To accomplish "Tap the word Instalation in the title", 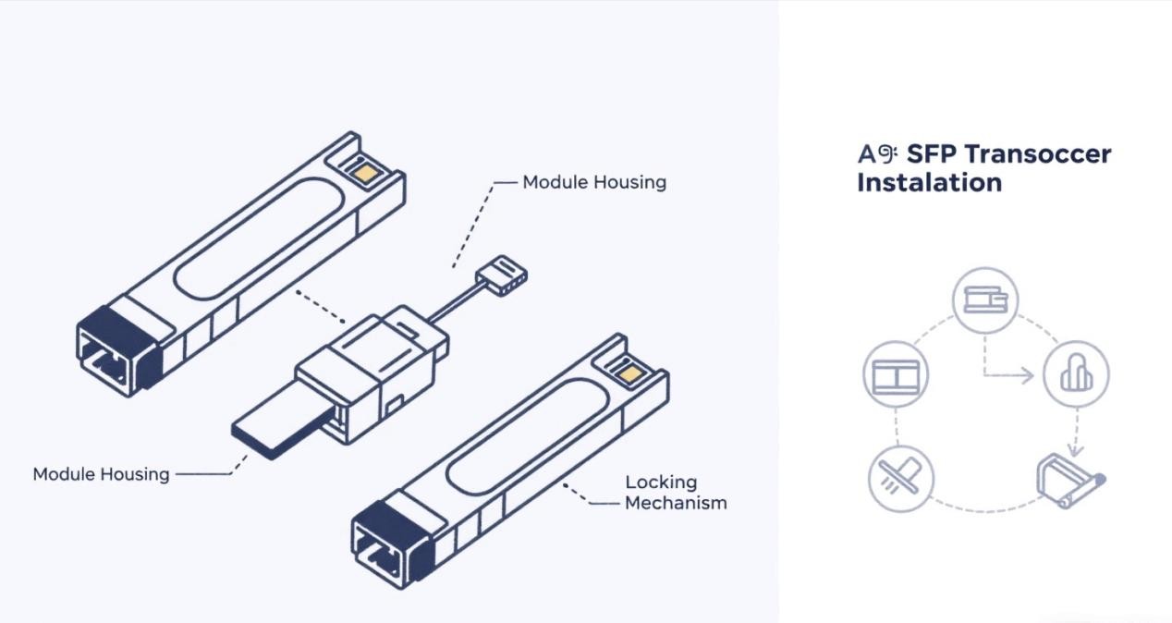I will (929, 182).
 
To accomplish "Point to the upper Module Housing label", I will (594, 182).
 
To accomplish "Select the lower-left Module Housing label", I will (101, 474).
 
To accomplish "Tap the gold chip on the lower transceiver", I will (631, 375).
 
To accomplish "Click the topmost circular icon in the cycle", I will (984, 300).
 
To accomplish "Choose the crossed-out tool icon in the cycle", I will (901, 478).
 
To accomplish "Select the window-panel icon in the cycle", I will (895, 375).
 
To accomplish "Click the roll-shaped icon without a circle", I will (1070, 478).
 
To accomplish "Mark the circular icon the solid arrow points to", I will (1076, 374).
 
